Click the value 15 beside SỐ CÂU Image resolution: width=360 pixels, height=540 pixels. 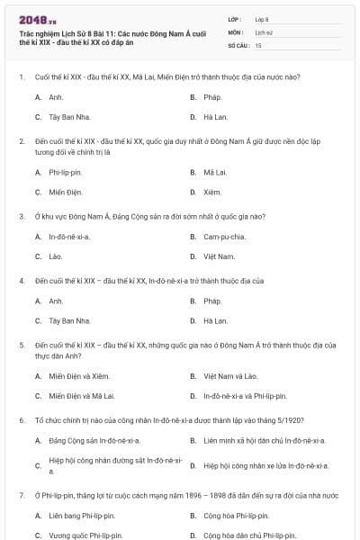coord(258,44)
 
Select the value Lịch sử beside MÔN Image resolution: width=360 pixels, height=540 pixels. coord(263,31)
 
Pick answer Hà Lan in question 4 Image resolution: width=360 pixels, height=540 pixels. coord(215,320)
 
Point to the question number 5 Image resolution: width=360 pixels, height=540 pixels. coord(21,345)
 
